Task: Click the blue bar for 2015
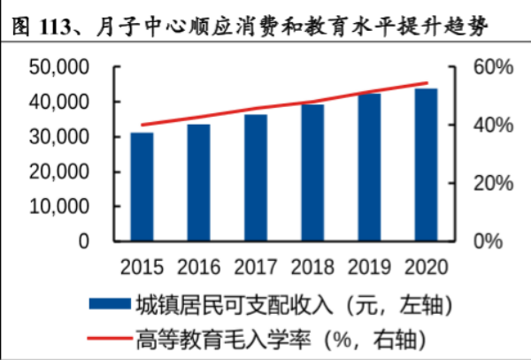(x=142, y=187)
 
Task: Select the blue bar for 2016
(x=198, y=182)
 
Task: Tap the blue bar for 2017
(x=256, y=177)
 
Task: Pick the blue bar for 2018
(x=312, y=172)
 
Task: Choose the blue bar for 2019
(x=369, y=166)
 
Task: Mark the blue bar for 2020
(x=426, y=165)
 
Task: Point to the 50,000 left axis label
(x=59, y=68)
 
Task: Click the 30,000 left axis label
(x=59, y=137)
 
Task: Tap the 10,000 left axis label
(x=59, y=206)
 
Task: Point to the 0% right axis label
(x=486, y=241)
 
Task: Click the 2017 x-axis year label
(x=257, y=266)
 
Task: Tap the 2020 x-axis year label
(x=427, y=266)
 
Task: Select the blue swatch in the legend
(x=109, y=303)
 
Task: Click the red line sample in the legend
(x=109, y=337)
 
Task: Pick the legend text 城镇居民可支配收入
(x=234, y=304)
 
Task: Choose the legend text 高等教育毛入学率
(x=222, y=338)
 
